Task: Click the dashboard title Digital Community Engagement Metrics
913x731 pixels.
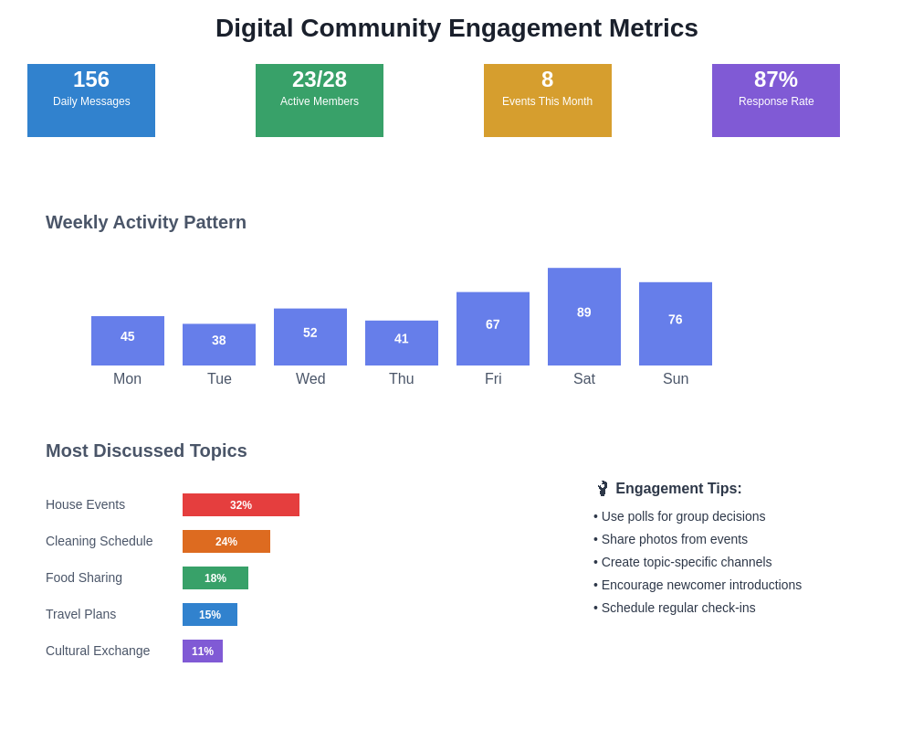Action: (x=456, y=28)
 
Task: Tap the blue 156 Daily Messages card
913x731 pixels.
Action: (x=91, y=101)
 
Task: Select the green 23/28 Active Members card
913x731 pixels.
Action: (x=320, y=101)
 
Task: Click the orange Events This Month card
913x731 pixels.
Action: (x=548, y=101)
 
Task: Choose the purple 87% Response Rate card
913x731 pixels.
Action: (x=776, y=101)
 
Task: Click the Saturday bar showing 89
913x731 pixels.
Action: (x=584, y=317)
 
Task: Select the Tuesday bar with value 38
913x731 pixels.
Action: (x=219, y=344)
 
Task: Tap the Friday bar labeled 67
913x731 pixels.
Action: (x=493, y=329)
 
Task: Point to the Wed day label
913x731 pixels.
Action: (x=310, y=379)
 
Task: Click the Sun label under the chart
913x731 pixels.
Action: (x=676, y=379)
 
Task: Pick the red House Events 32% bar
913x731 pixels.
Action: (x=241, y=505)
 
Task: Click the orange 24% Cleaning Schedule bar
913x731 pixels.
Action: (x=226, y=542)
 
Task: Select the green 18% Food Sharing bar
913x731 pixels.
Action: (x=215, y=578)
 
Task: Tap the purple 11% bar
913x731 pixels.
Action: (x=203, y=652)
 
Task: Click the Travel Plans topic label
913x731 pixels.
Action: (x=81, y=614)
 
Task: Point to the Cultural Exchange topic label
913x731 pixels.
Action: (x=98, y=651)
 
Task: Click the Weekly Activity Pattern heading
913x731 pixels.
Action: (x=146, y=222)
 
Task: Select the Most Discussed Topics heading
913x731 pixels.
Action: (x=146, y=450)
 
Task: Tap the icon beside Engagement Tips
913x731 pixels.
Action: (x=603, y=489)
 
